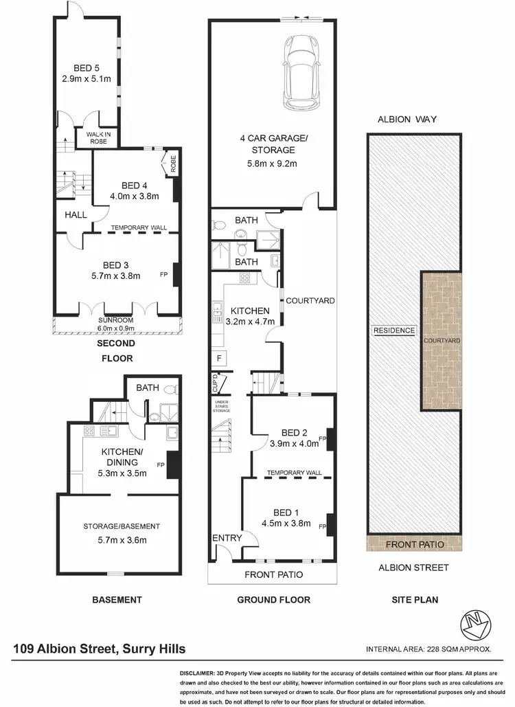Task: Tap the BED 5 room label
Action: [x=87, y=68]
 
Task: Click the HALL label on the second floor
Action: [x=76, y=215]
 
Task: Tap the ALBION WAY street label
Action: [x=407, y=120]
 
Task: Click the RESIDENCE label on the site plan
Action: [x=394, y=330]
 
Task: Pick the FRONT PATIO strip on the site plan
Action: [x=414, y=544]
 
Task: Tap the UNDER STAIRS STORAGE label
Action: [x=221, y=407]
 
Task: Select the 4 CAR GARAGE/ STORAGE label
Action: [x=273, y=144]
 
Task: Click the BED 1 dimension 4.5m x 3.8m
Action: [x=287, y=523]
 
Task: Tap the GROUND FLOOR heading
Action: [x=273, y=600]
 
